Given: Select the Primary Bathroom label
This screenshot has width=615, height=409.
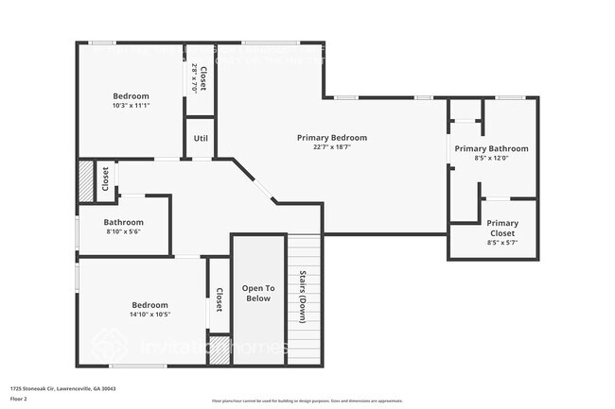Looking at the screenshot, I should [491, 149].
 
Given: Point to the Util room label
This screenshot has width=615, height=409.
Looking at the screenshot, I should [201, 139].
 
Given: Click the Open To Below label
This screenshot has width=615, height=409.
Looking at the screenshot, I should [258, 293].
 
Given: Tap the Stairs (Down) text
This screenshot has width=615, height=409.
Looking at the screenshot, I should [304, 298].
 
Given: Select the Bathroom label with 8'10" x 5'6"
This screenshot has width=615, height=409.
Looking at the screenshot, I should [124, 223].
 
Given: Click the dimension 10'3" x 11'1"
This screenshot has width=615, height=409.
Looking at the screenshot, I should [131, 106].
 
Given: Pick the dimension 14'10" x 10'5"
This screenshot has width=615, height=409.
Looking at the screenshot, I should [149, 315].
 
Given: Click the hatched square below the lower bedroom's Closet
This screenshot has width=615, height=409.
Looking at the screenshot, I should [219, 349].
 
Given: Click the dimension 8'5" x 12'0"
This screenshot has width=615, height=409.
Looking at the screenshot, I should [491, 159].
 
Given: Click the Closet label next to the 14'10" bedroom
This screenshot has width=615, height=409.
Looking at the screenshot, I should [219, 300].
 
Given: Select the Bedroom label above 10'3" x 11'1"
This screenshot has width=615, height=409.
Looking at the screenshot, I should [131, 96].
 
